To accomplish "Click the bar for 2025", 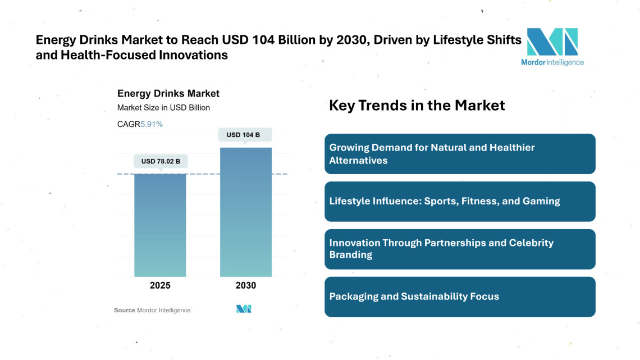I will [160, 225].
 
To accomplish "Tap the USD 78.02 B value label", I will [161, 161].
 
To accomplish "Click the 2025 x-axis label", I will [160, 285].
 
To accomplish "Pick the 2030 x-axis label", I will [246, 285].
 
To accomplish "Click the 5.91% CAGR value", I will [152, 124].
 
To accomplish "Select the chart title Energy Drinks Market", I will [168, 94].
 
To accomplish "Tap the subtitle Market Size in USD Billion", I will [163, 108].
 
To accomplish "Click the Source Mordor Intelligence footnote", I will [152, 310].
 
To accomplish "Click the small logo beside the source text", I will [244, 309].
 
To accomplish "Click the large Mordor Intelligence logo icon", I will [552, 42].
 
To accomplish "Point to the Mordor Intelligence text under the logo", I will [552, 62].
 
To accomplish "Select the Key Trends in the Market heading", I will [417, 105].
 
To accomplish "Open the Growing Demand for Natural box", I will [459, 154].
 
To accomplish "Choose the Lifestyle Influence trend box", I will [459, 201].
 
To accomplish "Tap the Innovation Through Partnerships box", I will [459, 249].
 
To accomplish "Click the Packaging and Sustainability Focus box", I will [459, 297].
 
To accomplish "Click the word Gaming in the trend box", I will [542, 201].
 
